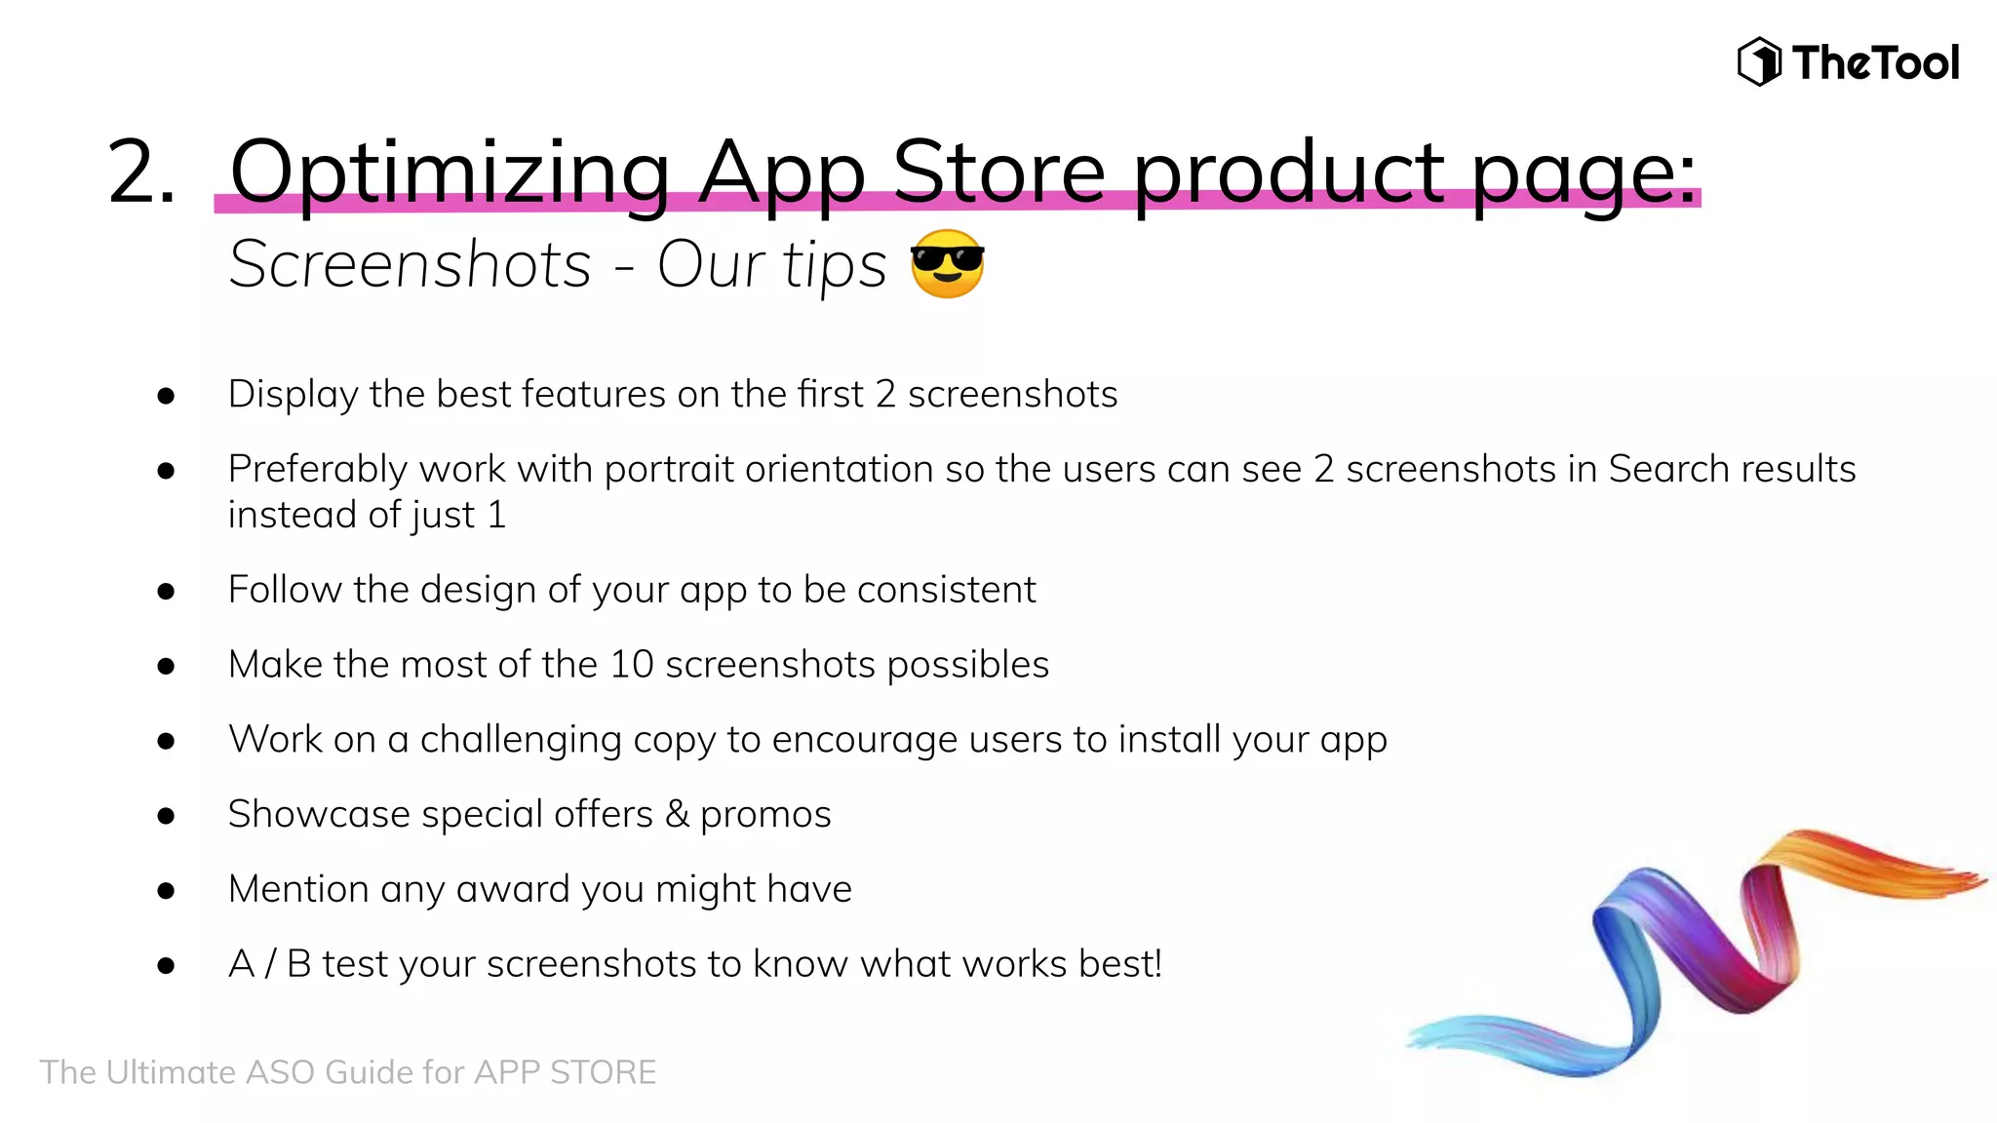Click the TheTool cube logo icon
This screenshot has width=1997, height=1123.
(x=1759, y=62)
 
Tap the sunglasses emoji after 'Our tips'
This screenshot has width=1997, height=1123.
(x=947, y=264)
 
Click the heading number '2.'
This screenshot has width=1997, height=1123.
(x=142, y=173)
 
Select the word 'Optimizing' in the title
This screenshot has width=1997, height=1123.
(x=450, y=173)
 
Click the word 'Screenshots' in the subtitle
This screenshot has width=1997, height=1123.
(x=411, y=264)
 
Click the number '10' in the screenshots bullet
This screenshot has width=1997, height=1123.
(x=631, y=665)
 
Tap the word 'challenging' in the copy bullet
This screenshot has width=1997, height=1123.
(x=520, y=740)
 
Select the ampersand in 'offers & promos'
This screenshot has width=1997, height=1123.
(x=677, y=814)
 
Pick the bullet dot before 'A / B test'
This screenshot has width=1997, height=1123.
(x=166, y=966)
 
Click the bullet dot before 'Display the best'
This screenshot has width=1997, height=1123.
(x=166, y=396)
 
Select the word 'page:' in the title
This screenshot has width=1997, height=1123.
(x=1584, y=173)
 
